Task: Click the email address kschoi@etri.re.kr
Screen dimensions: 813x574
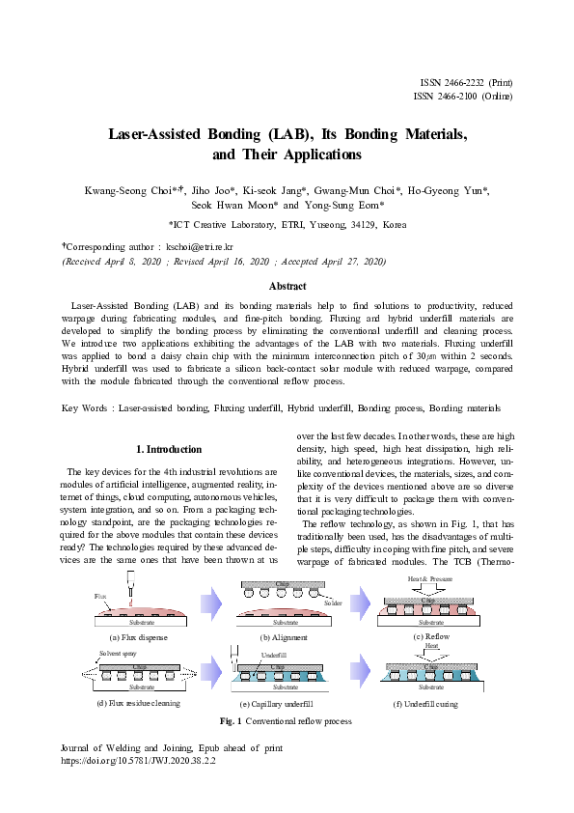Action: tap(213, 246)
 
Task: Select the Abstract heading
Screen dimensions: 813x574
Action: tap(287, 287)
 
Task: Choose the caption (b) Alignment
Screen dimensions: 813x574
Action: tap(284, 638)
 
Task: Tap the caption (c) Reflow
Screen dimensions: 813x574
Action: tap(432, 636)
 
